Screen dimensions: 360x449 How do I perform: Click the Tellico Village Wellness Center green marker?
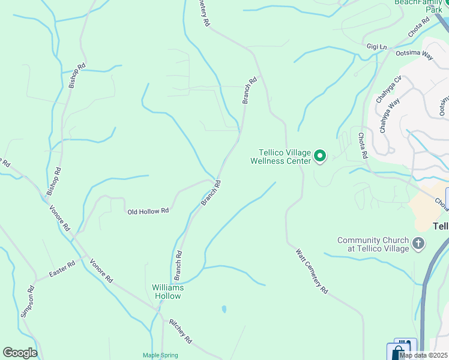tap(320, 157)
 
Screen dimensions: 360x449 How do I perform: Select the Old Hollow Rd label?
tap(148, 211)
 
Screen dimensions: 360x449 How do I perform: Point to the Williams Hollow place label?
tap(167, 292)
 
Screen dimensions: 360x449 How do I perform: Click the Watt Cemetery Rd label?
tap(312, 271)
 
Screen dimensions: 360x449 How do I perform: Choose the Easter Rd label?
tap(62, 268)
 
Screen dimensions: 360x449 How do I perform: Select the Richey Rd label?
tap(180, 331)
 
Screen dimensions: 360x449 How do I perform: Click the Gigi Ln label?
tap(377, 46)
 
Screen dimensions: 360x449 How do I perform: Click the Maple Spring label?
tap(160, 355)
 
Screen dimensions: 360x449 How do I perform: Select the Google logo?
tap(20, 353)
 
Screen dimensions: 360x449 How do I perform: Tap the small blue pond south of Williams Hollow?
tap(224, 310)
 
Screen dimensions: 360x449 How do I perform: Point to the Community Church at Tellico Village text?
tap(373, 244)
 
